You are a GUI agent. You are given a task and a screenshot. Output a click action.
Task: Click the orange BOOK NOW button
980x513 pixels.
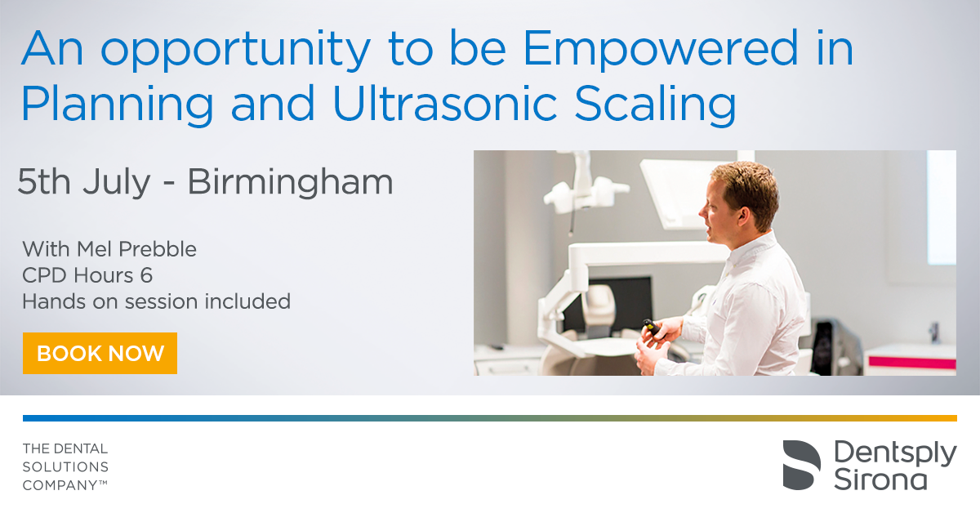(100, 353)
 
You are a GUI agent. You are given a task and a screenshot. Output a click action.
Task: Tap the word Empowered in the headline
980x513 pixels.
(661, 50)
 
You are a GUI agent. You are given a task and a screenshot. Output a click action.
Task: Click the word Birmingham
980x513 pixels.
(291, 182)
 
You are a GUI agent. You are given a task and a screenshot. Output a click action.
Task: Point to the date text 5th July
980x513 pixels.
(84, 182)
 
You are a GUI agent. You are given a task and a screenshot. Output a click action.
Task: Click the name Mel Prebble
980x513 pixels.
(136, 249)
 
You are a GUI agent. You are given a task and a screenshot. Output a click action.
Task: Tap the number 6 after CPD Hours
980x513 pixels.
(146, 275)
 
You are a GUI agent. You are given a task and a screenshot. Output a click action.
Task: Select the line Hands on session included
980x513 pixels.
(156, 301)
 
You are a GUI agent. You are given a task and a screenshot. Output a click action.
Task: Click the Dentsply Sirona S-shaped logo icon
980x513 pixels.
(801, 465)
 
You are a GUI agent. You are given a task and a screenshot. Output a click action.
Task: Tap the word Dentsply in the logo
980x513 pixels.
(895, 454)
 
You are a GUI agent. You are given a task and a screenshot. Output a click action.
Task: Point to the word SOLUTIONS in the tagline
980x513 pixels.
(65, 467)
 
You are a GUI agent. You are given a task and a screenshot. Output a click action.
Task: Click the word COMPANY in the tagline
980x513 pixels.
(60, 485)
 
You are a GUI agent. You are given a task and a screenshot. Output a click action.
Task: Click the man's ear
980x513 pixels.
(742, 215)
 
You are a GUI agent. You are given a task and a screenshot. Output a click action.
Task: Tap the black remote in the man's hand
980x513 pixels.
(652, 327)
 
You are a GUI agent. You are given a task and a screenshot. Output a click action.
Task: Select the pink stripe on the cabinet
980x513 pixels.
(911, 363)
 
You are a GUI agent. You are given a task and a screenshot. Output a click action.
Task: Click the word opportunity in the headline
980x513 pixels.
(236, 51)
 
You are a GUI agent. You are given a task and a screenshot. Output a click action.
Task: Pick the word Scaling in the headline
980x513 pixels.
(655, 105)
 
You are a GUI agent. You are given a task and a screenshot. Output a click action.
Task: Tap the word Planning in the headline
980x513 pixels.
(118, 105)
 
